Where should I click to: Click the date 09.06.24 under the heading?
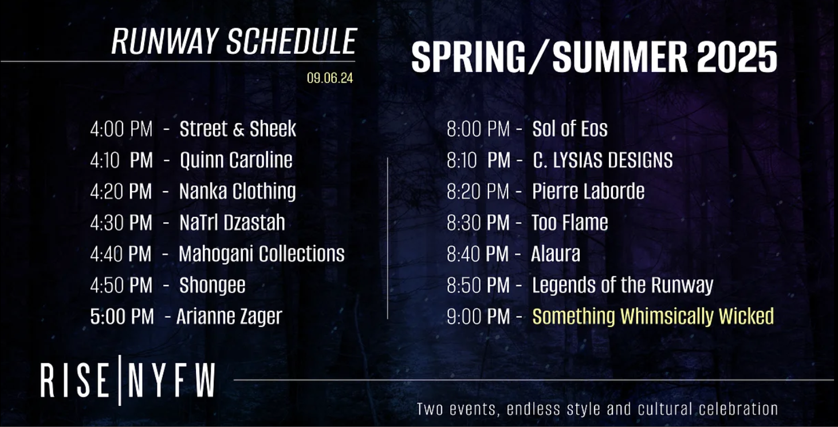(x=330, y=78)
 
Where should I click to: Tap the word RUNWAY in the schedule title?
(x=165, y=41)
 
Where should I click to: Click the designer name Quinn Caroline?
(x=236, y=160)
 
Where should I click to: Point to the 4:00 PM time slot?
(x=121, y=129)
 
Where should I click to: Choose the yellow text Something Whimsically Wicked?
(x=653, y=317)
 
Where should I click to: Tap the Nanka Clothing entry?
(x=238, y=191)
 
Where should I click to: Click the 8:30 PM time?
(x=478, y=223)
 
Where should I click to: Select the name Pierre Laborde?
(x=588, y=191)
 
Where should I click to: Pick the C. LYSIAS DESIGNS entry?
(x=603, y=160)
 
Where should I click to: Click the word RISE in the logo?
(x=74, y=380)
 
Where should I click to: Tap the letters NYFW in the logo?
(x=171, y=380)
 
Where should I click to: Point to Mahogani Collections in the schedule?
(x=262, y=254)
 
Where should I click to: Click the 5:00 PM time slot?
(x=122, y=317)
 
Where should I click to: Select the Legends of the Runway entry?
(x=623, y=285)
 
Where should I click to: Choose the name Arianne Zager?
(x=229, y=317)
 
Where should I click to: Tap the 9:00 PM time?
(x=478, y=317)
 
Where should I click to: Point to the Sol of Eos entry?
(x=570, y=129)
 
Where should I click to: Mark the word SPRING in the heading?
(x=468, y=57)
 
